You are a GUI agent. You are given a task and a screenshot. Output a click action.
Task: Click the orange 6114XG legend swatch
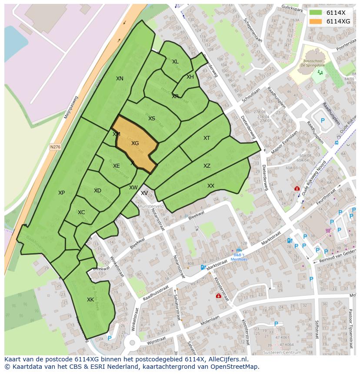coord(316,21)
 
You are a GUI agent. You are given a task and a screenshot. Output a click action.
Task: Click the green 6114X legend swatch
coord(316,13)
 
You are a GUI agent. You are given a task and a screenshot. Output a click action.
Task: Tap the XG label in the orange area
coord(135,143)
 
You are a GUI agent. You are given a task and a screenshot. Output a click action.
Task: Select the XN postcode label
coord(120,79)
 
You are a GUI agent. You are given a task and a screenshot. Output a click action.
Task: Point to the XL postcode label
coord(175,62)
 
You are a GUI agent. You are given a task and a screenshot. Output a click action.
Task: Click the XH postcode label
coord(190,77)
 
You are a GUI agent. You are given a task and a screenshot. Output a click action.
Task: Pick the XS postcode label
coord(152,119)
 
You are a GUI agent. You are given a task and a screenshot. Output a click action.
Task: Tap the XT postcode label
coord(207,138)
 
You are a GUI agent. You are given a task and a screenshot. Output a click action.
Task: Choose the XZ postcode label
coord(207,166)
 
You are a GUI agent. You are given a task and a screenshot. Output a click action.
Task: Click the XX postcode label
coord(211,186)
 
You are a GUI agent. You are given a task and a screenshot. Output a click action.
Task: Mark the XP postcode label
coord(62,193)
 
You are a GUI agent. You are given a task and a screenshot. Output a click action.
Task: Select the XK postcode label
coord(90,300)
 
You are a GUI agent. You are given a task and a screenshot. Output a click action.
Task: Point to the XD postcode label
coord(97,191)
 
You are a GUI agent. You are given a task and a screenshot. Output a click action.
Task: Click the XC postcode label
coord(81,212)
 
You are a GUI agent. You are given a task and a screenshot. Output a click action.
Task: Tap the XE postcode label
coord(117,166)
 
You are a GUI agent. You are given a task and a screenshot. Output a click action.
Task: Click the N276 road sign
coord(55,147)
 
